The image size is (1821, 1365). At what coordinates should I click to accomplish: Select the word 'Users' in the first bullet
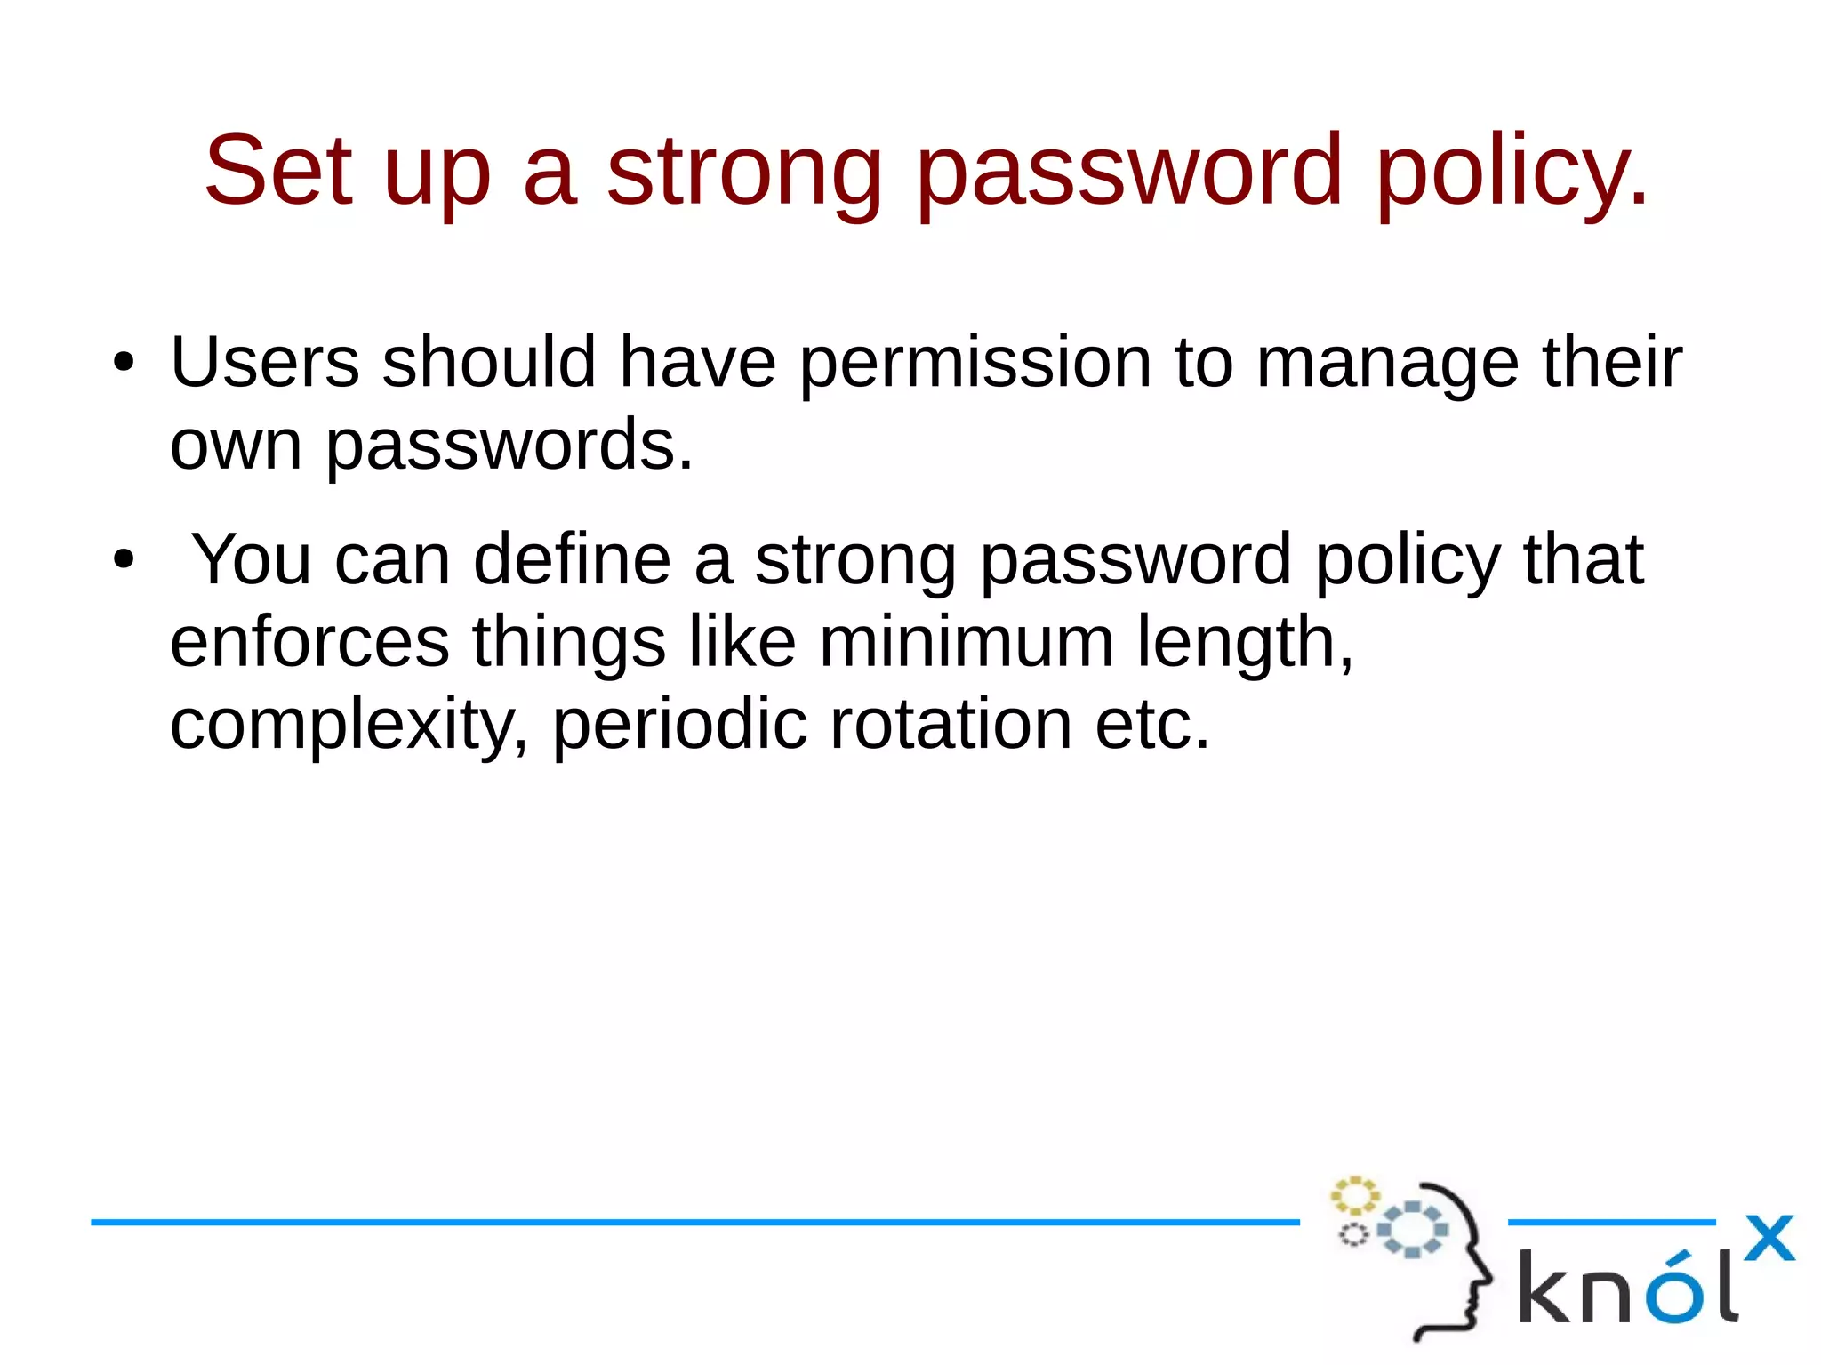[x=265, y=362]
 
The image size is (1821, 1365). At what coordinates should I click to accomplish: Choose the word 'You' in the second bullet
[x=252, y=559]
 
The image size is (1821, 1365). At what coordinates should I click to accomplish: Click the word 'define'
[x=572, y=559]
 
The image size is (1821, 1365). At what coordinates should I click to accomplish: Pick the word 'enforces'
[x=309, y=642]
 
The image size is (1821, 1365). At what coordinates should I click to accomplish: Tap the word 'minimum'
[x=966, y=642]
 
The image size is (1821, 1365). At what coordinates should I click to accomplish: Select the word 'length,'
[x=1245, y=644]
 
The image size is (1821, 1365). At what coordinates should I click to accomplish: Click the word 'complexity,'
[x=349, y=726]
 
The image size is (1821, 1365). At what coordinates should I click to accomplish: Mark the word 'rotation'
[x=951, y=724]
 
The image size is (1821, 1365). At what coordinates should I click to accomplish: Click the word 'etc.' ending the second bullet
[x=1152, y=724]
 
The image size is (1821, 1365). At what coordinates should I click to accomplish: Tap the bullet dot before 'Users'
[x=124, y=364]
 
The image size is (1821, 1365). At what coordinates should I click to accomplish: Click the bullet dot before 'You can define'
[x=124, y=561]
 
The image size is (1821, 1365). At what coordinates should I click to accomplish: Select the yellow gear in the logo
[x=1354, y=1196]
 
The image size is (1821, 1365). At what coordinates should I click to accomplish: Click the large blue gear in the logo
[x=1412, y=1230]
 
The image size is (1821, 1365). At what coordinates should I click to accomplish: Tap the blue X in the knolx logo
[x=1769, y=1238]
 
